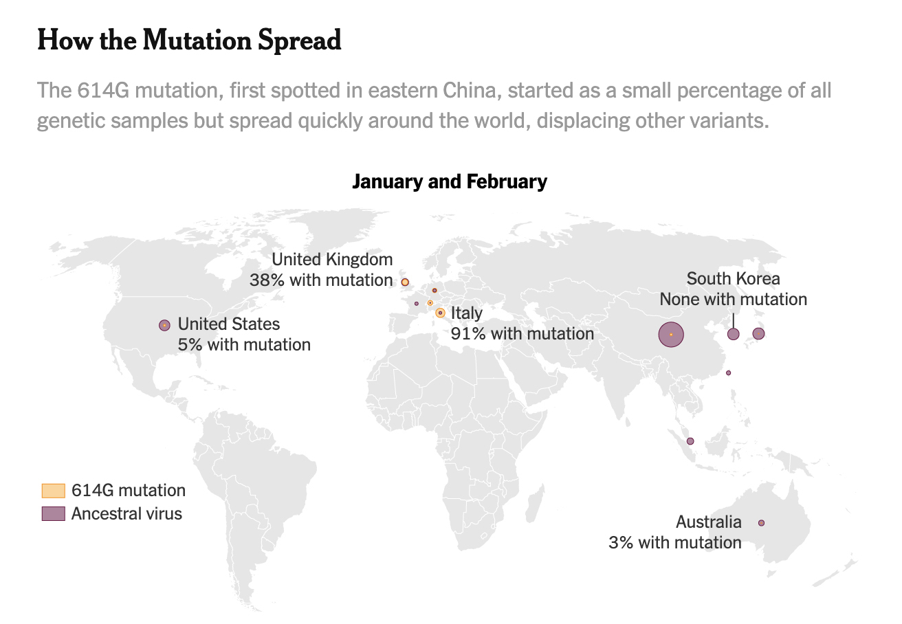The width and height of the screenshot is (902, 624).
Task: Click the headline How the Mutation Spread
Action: tap(189, 41)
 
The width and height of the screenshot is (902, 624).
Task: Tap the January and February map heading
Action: tap(450, 181)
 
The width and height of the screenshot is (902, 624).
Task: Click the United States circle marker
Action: tap(164, 325)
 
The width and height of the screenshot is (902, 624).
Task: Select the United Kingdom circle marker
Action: tap(405, 282)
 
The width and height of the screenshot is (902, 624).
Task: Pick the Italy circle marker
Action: tap(440, 313)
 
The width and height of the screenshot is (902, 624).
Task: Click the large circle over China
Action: tap(671, 335)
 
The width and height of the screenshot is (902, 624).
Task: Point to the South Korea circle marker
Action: tap(734, 334)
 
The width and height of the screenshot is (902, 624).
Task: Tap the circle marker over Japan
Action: tap(758, 333)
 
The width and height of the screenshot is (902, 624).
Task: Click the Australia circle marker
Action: tap(761, 523)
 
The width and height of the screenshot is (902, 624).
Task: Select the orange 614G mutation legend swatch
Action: tap(53, 490)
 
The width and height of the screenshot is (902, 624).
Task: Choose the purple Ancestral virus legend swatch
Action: tap(53, 513)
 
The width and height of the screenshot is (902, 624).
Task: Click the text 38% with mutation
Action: tap(321, 280)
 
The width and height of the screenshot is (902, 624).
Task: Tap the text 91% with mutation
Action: tap(522, 333)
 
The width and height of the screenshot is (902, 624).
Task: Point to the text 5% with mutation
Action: tap(244, 344)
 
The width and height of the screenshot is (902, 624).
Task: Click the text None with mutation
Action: tap(733, 299)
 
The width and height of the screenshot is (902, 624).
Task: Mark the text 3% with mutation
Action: tap(674, 542)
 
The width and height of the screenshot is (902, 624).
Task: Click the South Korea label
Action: tap(733, 278)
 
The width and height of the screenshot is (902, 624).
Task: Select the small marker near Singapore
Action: tap(690, 441)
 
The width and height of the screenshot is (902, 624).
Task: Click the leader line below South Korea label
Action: tap(733, 319)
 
